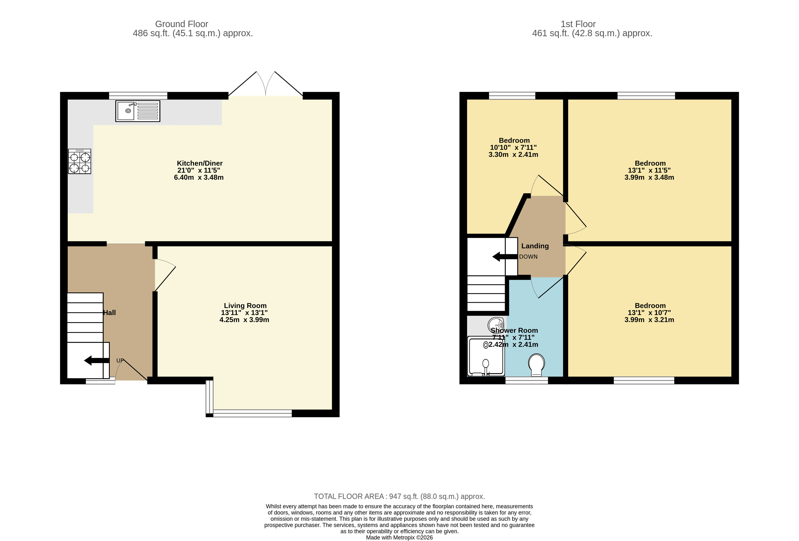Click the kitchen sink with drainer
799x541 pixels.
[138, 111]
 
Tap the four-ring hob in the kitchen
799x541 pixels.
[80, 161]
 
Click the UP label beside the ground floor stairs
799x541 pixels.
[120, 361]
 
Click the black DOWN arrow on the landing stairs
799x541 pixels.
[504, 257]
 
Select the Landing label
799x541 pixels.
[535, 246]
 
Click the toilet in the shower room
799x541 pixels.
[536, 365]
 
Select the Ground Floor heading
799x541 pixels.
[182, 24]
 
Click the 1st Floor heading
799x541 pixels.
[578, 24]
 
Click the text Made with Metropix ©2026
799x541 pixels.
[399, 537]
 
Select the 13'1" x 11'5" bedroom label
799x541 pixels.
[649, 170]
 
